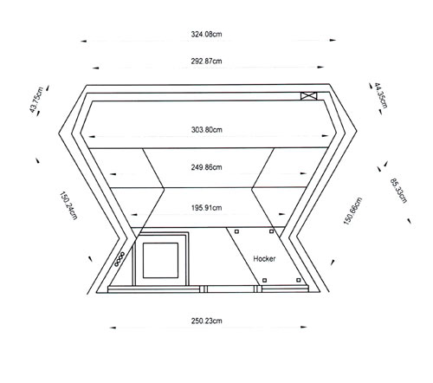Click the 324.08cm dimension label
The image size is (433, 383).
206,34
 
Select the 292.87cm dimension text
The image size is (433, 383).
206,62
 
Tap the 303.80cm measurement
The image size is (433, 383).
207,130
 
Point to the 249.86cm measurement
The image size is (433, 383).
206,167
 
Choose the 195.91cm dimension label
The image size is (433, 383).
206,208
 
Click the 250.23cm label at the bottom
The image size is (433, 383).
206,321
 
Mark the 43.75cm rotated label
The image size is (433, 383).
36,100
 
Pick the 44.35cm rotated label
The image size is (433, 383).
381,95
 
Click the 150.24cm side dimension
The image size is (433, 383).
68,205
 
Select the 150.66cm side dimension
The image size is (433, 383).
352,211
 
